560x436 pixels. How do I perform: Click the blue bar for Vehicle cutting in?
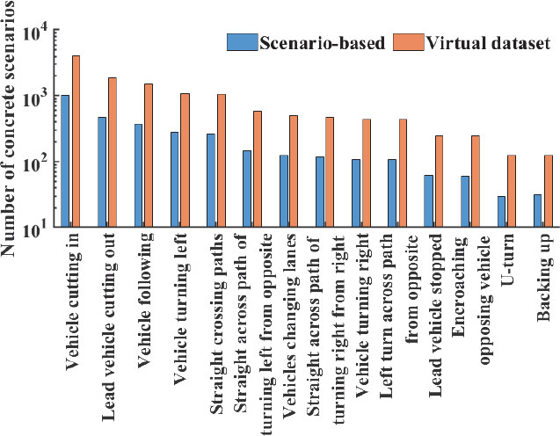coord(65,161)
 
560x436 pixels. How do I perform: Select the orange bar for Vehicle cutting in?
coord(76,141)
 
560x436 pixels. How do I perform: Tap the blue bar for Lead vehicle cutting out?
coord(102,171)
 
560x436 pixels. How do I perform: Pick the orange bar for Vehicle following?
coord(149,156)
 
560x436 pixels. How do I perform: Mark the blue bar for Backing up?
coord(537,210)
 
